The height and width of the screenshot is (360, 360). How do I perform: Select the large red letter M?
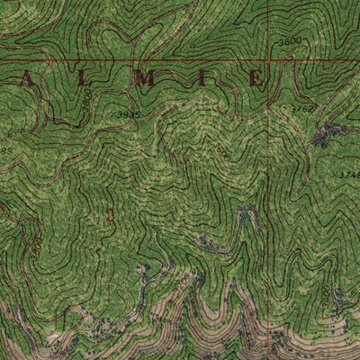(144, 80)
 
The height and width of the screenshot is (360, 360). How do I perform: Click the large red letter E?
(255, 80)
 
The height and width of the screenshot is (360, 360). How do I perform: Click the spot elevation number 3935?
(129, 114)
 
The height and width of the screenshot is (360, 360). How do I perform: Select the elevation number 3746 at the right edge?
(349, 174)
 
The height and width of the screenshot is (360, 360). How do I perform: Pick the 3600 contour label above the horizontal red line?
(289, 42)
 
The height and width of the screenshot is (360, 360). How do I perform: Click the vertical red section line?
(267, 180)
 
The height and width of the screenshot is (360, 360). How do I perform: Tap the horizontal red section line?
(135, 61)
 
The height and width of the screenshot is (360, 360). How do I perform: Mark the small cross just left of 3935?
(112, 115)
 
